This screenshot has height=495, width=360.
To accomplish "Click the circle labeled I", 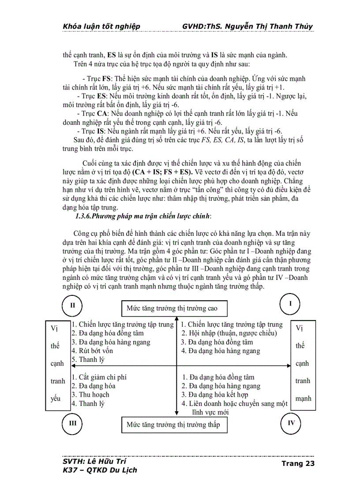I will (x=291, y=304).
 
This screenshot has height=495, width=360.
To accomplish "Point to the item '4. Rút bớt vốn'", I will (x=92, y=351).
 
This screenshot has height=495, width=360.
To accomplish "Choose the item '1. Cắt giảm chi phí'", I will (x=99, y=377).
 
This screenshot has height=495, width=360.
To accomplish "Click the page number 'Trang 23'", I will (x=298, y=463).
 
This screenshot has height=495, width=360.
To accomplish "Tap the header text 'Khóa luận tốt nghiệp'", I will (x=101, y=26).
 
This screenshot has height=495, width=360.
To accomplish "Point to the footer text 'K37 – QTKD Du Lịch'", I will (x=100, y=470).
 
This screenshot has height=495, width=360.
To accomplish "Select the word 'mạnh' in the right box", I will (x=303, y=398).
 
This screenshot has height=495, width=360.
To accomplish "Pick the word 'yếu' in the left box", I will (x=56, y=398).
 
